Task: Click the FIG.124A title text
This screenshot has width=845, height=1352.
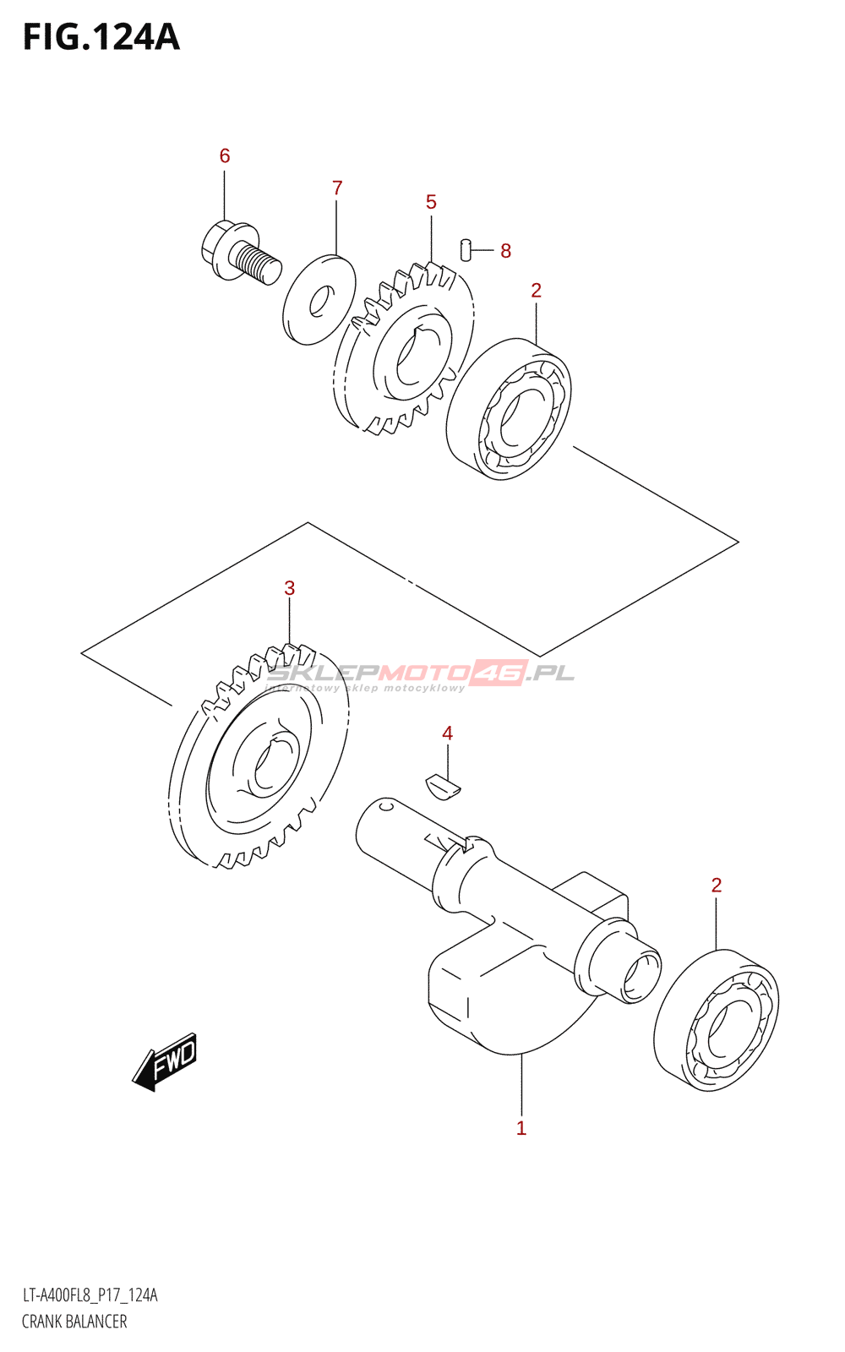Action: pos(101,37)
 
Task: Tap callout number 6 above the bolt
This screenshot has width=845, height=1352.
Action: pos(225,155)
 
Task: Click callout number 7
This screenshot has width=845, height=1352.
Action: pos(337,188)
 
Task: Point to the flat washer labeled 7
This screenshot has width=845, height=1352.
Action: pos(319,299)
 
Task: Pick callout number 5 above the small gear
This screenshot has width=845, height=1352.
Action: pos(431,202)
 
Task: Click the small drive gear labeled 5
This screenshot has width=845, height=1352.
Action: pos(404,351)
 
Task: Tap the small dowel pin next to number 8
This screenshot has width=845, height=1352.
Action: pos(465,250)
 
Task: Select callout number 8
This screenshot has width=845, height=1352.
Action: pos(505,251)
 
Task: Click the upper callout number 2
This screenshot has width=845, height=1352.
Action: pos(536,291)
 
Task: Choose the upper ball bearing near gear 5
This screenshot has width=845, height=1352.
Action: pos(509,410)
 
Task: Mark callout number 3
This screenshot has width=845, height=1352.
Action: pos(290,588)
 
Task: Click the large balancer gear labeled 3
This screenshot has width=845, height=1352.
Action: pos(258,756)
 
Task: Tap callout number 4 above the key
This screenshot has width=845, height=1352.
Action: pos(447,733)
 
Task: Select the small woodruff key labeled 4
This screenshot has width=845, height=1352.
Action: pos(443,786)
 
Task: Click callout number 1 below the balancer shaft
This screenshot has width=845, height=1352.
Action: pos(521,1128)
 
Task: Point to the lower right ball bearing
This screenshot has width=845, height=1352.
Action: pos(717,1020)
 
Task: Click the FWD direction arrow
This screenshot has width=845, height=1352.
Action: pos(166,1060)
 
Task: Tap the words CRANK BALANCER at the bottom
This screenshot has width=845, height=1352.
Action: pos(74,1322)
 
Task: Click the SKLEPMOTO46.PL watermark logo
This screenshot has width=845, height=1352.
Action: pos(420,673)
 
